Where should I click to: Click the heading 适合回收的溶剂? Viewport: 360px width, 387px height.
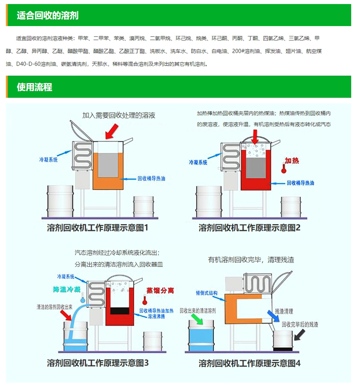(x=48, y=16)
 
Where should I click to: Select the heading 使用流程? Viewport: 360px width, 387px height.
(x=35, y=87)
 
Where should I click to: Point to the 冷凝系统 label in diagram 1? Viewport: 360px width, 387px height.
(x=48, y=160)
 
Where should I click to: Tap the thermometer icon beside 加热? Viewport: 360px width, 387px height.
(x=284, y=168)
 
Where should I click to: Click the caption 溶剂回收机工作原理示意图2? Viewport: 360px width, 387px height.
(x=249, y=228)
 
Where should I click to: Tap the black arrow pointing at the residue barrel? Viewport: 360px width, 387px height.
(x=300, y=335)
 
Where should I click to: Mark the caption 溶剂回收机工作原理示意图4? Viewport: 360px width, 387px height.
(x=249, y=363)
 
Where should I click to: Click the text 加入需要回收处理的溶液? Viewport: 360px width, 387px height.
(x=119, y=115)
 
